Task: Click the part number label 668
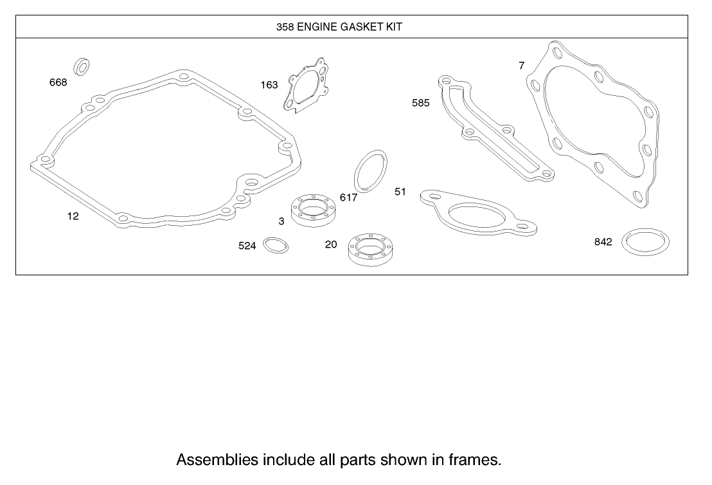[58, 82]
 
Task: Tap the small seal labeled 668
[82, 65]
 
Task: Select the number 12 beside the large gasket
[73, 216]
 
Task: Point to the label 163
[269, 85]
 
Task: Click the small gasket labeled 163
[307, 88]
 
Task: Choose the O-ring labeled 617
[371, 171]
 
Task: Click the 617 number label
[348, 197]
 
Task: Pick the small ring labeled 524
[276, 245]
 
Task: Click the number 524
[247, 246]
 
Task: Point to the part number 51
[400, 192]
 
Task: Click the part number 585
[421, 103]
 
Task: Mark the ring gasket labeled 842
[646, 242]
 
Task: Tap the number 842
[603, 242]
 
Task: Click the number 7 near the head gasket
[522, 65]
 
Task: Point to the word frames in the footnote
[476, 460]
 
